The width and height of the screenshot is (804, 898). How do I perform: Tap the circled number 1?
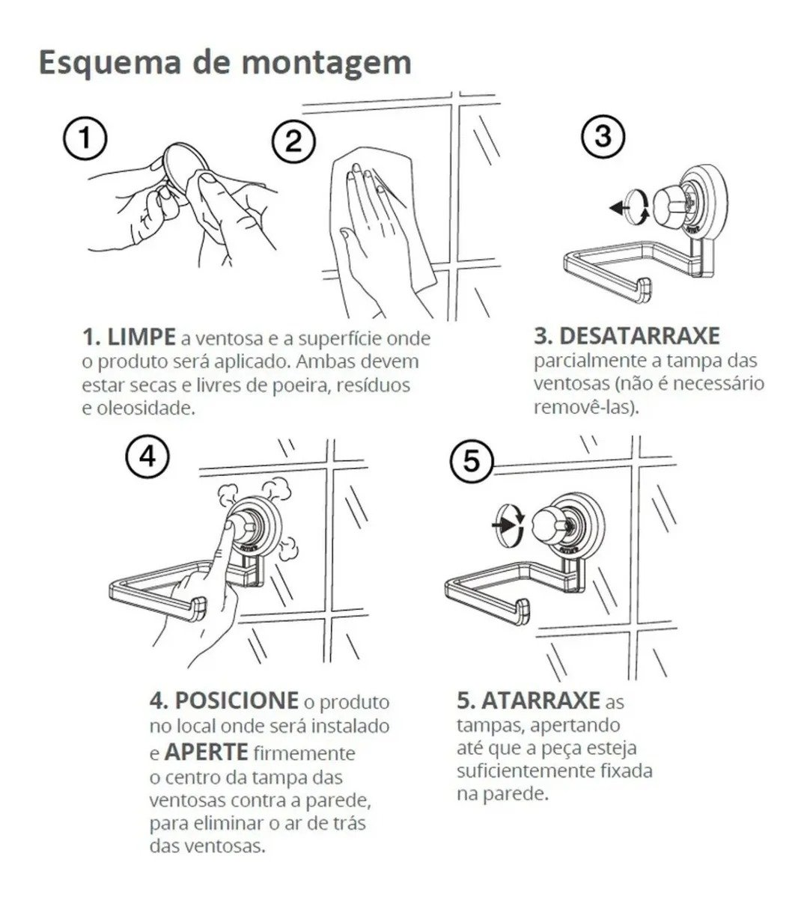click(85, 138)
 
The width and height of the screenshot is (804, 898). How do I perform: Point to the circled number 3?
click(603, 136)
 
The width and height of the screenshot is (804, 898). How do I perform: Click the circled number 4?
click(147, 456)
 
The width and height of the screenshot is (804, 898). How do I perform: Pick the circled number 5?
click(472, 460)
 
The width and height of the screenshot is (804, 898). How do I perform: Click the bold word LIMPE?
click(141, 337)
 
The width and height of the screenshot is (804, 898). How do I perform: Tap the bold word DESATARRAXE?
click(639, 336)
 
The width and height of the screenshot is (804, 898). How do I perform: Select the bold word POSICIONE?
click(237, 700)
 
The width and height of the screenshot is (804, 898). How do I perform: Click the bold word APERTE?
click(206, 752)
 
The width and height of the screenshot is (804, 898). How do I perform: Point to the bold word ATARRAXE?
click(541, 700)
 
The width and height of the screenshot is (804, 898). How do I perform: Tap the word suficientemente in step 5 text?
click(526, 771)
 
